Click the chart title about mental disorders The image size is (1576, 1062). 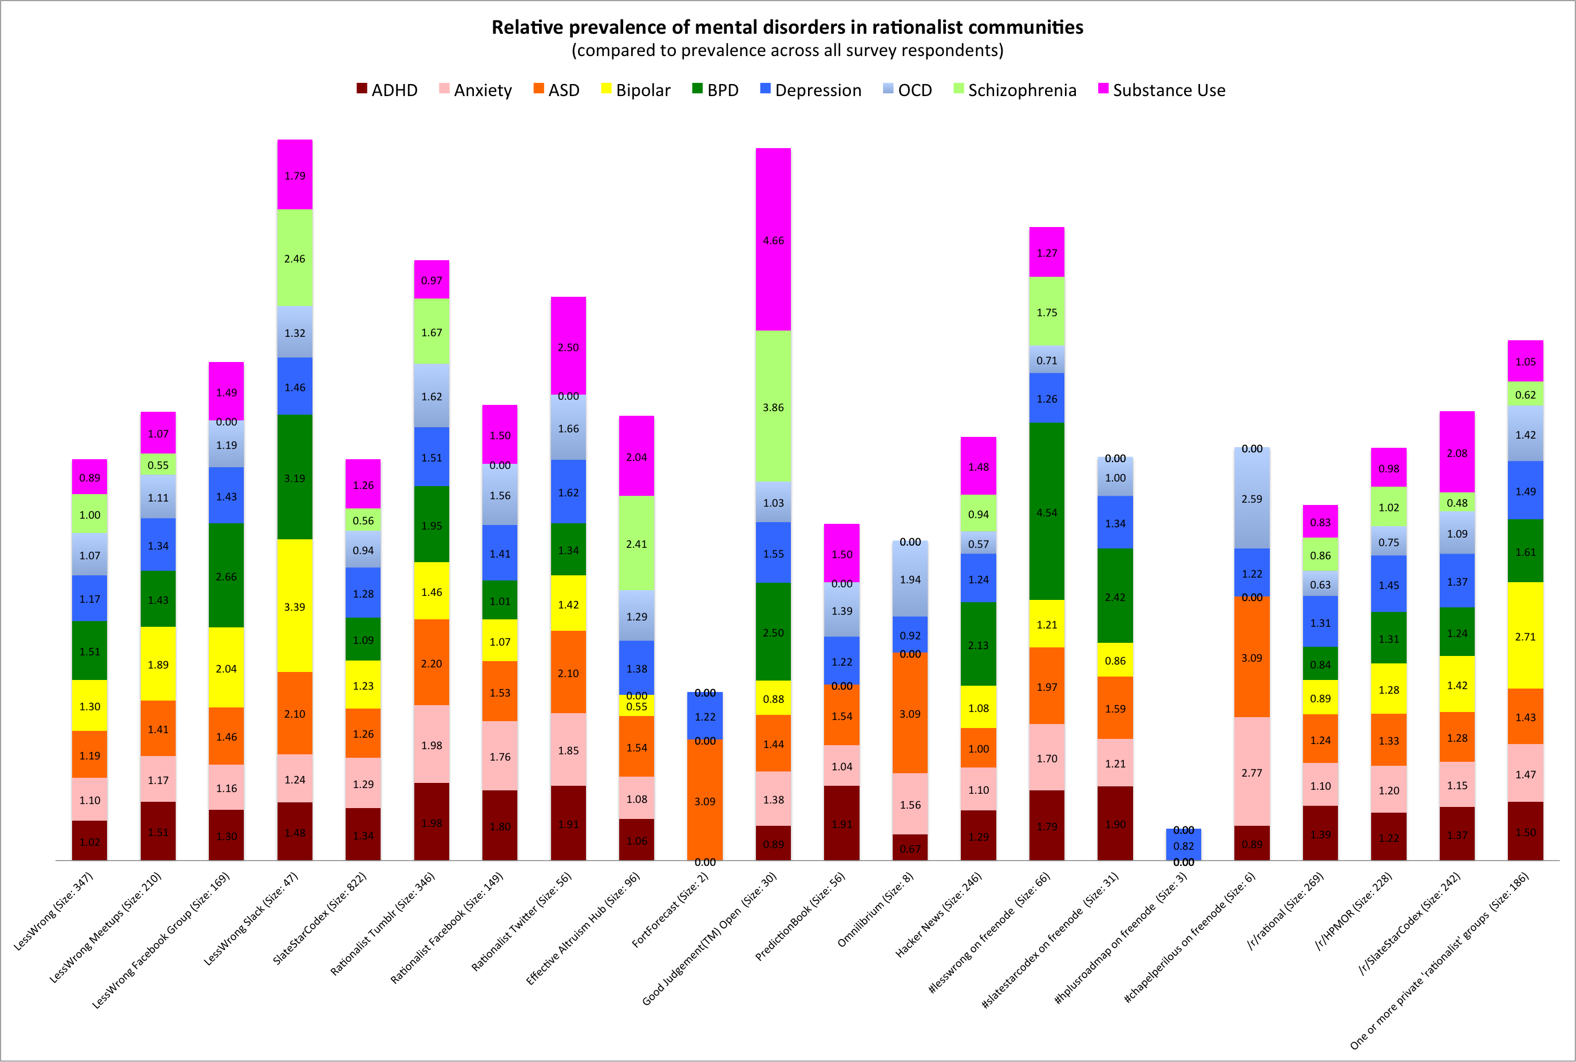pyautogui.click(x=787, y=27)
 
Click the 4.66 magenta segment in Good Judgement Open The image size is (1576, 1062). pyautogui.click(x=773, y=240)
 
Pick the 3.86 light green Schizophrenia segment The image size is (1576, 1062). pyautogui.click(x=773, y=407)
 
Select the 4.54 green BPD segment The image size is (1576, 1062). pyautogui.click(x=1046, y=512)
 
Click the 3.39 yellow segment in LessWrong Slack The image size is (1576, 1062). pyautogui.click(x=295, y=606)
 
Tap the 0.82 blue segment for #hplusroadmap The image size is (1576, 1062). pyautogui.click(x=1183, y=845)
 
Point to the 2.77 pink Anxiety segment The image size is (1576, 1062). pyautogui.click(x=1252, y=772)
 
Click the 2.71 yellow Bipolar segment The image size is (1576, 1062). pyautogui.click(x=1525, y=636)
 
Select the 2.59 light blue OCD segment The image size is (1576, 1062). pyautogui.click(x=1252, y=499)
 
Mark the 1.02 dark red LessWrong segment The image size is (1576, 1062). pyautogui.click(x=89, y=841)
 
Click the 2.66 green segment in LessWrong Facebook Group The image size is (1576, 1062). pyautogui.click(x=226, y=576)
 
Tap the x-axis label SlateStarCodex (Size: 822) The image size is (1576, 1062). pyautogui.click(x=320, y=918)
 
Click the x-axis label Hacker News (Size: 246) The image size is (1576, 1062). pyautogui.click(x=939, y=914)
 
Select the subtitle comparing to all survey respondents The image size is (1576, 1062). pyautogui.click(x=787, y=51)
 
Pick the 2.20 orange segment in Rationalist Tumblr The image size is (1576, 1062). pyautogui.click(x=431, y=663)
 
